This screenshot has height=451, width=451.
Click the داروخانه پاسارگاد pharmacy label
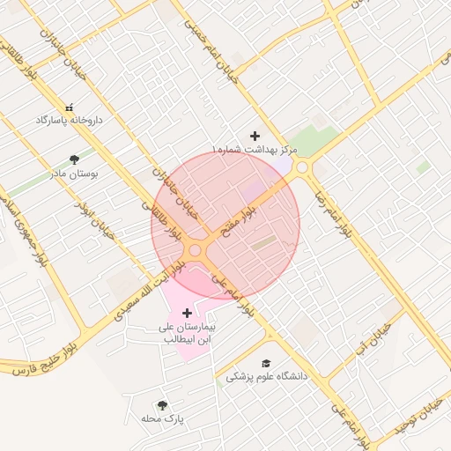[x=69, y=119]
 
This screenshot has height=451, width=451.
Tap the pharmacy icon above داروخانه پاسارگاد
[x=69, y=107]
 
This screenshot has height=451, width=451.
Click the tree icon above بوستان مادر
[x=74, y=159]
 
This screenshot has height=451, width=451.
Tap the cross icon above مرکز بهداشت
[x=255, y=136]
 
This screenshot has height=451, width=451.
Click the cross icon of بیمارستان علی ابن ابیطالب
[x=187, y=313]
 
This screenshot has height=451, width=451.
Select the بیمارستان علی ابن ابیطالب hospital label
[x=187, y=332]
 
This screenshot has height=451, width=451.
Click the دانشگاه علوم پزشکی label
[x=266, y=376]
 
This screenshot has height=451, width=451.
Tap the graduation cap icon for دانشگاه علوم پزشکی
[x=266, y=363]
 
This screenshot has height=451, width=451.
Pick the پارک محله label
[x=162, y=418]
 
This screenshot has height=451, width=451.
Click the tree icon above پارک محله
[x=161, y=405]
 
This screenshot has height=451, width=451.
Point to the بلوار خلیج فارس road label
[x=44, y=358]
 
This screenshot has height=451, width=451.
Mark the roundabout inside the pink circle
[x=195, y=250]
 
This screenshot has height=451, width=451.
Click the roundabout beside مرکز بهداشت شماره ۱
[x=302, y=167]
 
